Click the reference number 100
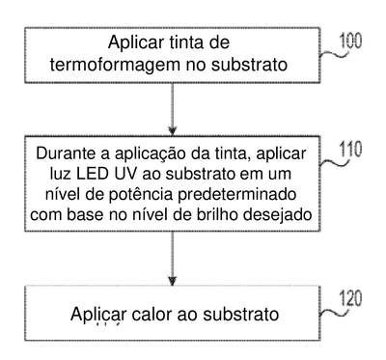click(350, 42)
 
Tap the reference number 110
click(350, 150)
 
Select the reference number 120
click(351, 298)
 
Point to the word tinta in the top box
click(182, 42)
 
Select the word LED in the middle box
click(93, 174)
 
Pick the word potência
click(142, 194)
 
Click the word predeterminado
click(237, 194)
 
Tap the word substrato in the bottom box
click(241, 314)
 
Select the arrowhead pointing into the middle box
click(173, 131)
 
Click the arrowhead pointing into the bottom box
click(173, 281)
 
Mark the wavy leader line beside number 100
click(335, 54)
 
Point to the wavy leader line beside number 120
click(335, 312)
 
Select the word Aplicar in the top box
click(136, 42)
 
